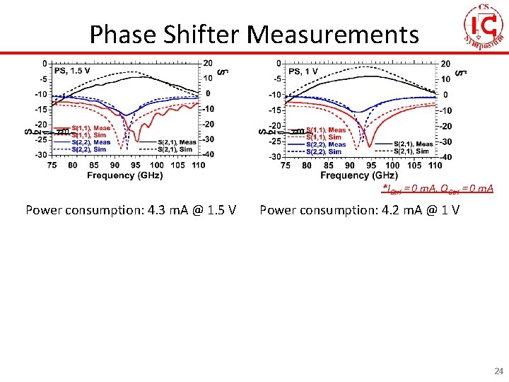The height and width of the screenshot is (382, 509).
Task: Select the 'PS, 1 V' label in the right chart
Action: click(x=303, y=71)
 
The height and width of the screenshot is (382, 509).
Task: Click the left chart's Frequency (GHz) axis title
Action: click(x=125, y=175)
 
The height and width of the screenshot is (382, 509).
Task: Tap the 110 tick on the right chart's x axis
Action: click(x=435, y=165)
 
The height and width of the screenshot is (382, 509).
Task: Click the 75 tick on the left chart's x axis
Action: click(x=52, y=165)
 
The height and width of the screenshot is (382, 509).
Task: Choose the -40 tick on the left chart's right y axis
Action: click(x=209, y=154)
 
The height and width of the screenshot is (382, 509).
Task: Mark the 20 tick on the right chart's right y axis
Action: click(x=445, y=64)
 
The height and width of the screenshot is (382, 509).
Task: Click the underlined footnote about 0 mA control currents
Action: click(x=438, y=189)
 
